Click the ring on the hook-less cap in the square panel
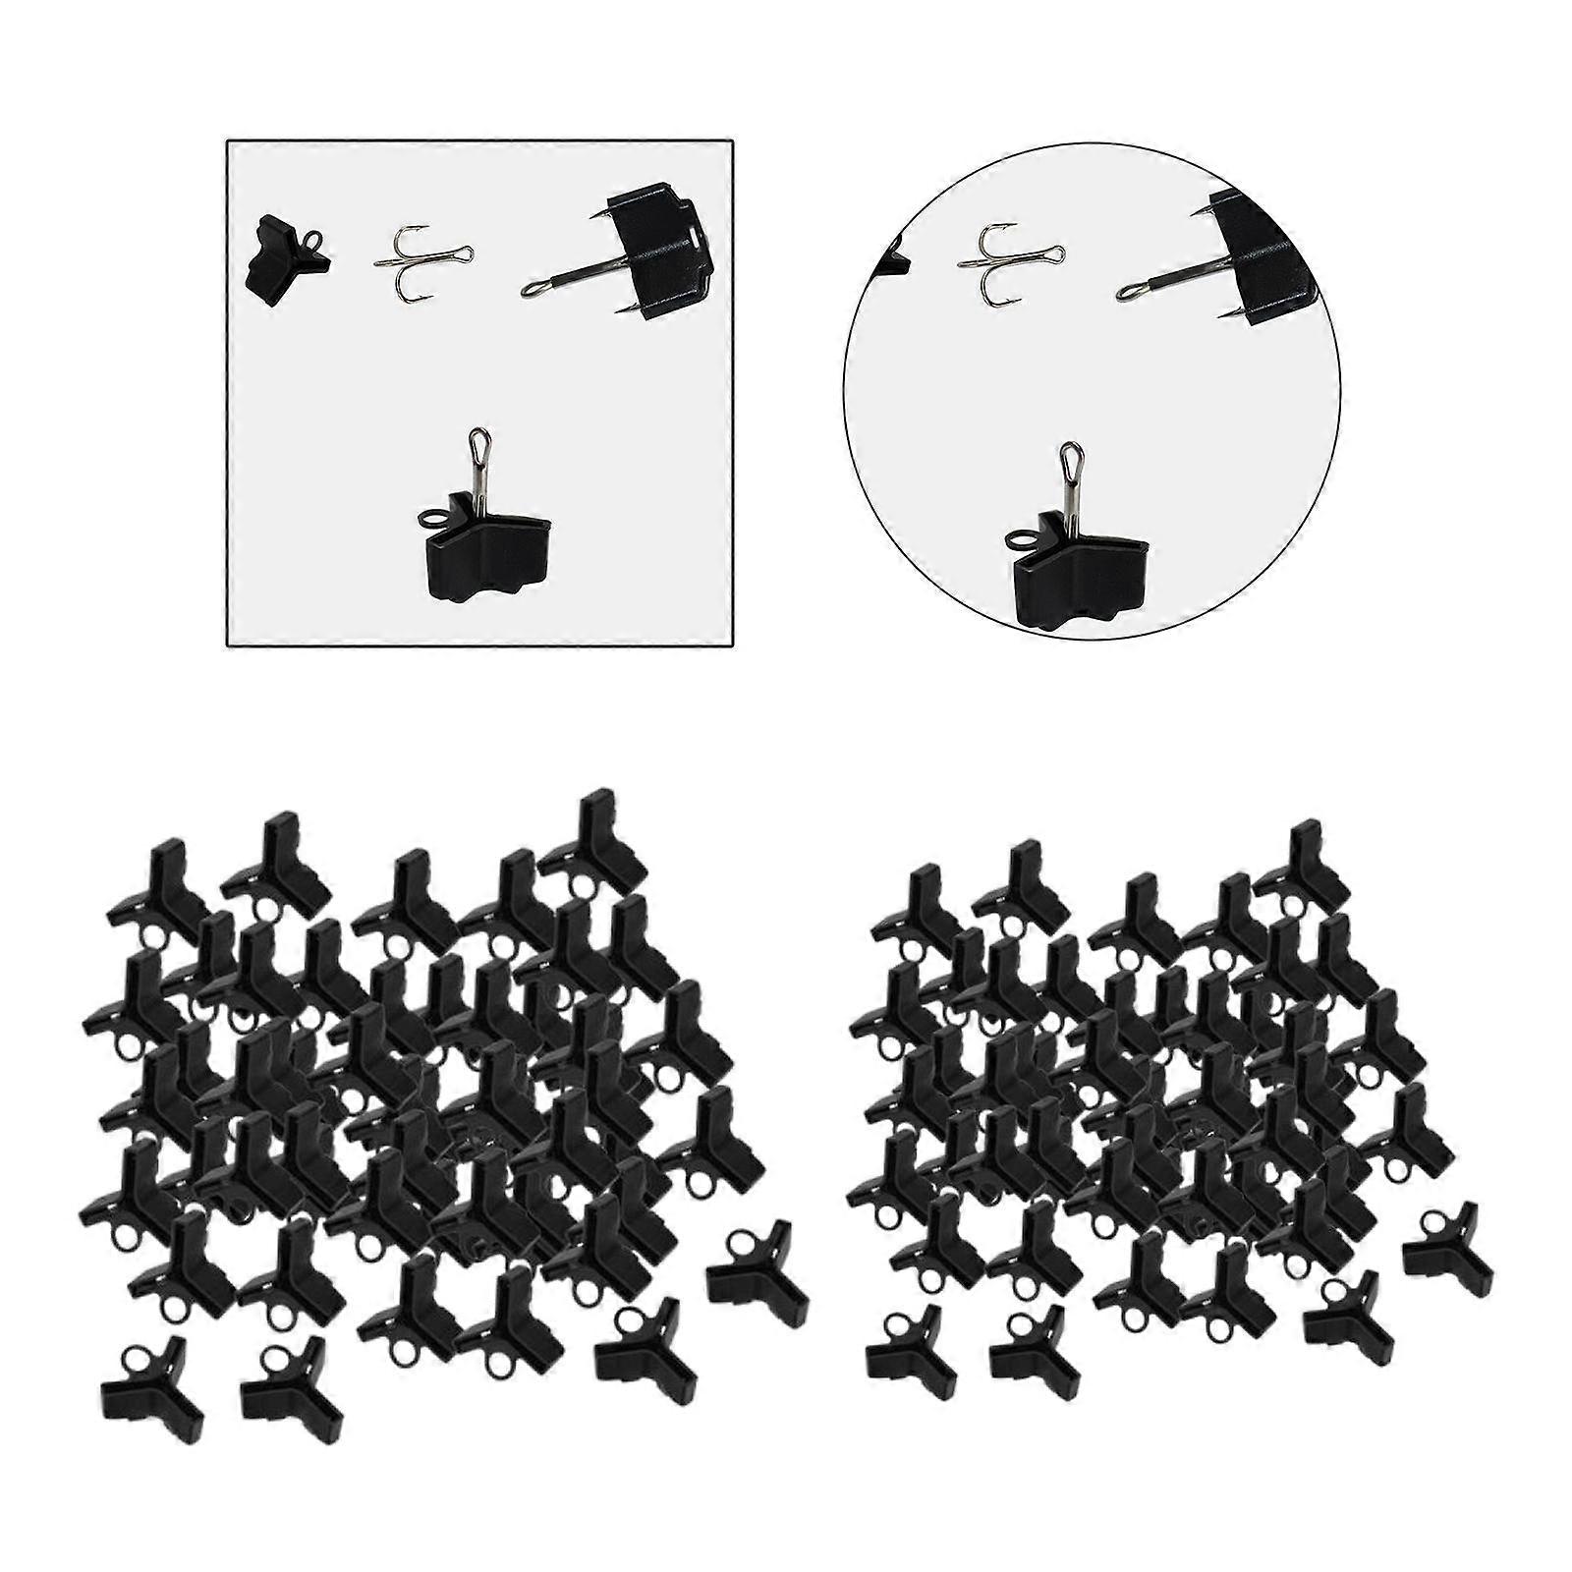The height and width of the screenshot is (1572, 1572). click(312, 242)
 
